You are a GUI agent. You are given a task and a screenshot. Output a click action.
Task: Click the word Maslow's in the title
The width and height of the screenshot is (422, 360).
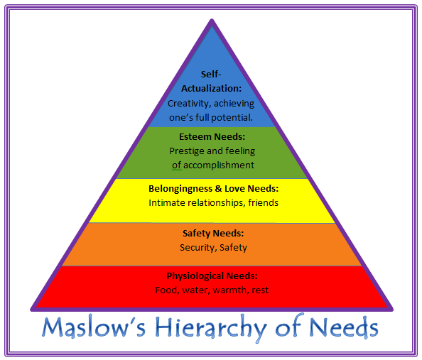(x=94, y=327)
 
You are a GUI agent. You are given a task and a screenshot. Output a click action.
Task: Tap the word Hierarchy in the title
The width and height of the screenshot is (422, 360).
(x=211, y=328)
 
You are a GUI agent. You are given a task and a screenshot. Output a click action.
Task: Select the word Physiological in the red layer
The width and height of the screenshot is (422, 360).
(x=195, y=277)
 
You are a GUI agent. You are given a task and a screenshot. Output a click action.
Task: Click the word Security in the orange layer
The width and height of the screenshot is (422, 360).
(x=197, y=248)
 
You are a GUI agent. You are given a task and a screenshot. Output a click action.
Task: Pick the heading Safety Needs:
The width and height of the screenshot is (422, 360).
(x=213, y=234)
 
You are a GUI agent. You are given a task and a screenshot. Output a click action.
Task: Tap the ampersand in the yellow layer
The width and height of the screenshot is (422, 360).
(x=218, y=189)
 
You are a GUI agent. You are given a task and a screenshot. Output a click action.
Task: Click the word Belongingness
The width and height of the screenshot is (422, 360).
(x=180, y=189)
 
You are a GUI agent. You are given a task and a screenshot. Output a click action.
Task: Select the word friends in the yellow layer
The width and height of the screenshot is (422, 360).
(x=263, y=202)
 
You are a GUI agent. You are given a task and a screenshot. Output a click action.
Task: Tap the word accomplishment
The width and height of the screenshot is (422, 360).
(x=219, y=165)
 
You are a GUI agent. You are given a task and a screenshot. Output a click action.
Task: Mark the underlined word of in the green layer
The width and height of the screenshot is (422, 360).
(x=177, y=165)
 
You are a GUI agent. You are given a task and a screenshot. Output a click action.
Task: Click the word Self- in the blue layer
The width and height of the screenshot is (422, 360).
(x=211, y=75)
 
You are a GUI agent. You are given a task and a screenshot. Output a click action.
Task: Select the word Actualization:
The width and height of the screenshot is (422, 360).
(x=211, y=89)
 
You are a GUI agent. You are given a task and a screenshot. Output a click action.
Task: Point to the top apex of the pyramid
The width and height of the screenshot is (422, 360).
(x=212, y=19)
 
